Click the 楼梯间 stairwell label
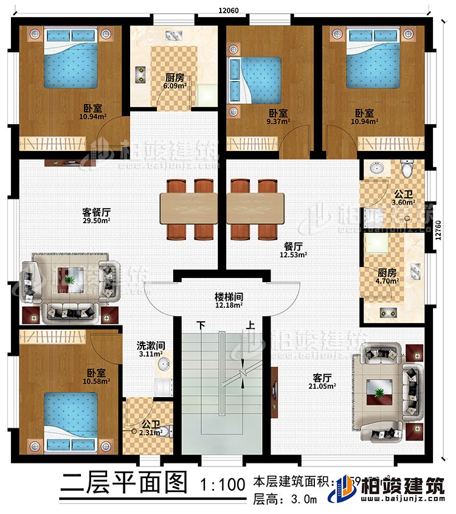pyautogui.click(x=227, y=296)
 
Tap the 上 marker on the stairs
pyautogui.click(x=250, y=325)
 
